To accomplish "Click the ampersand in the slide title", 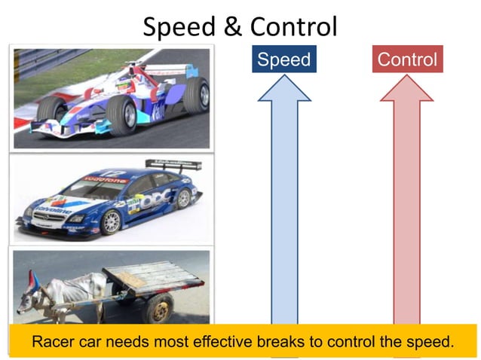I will coord(231,26).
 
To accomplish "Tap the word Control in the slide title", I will coord(292,26).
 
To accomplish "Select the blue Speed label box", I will coord(283,59).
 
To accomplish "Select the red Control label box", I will coord(407,59).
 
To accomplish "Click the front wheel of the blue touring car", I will coord(110,221).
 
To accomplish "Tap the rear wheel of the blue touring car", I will coord(183,198).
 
